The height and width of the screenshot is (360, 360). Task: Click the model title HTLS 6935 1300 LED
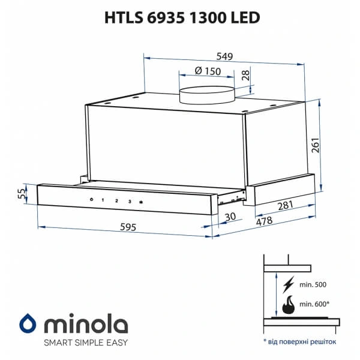[180, 17]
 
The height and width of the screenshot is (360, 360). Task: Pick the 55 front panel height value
[22, 194]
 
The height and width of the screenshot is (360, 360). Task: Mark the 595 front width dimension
[128, 227]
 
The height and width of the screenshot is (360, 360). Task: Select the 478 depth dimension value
[265, 221]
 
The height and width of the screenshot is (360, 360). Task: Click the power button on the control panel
[90, 200]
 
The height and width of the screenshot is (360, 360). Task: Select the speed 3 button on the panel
[129, 201]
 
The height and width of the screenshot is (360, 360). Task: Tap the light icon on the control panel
[141, 202]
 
